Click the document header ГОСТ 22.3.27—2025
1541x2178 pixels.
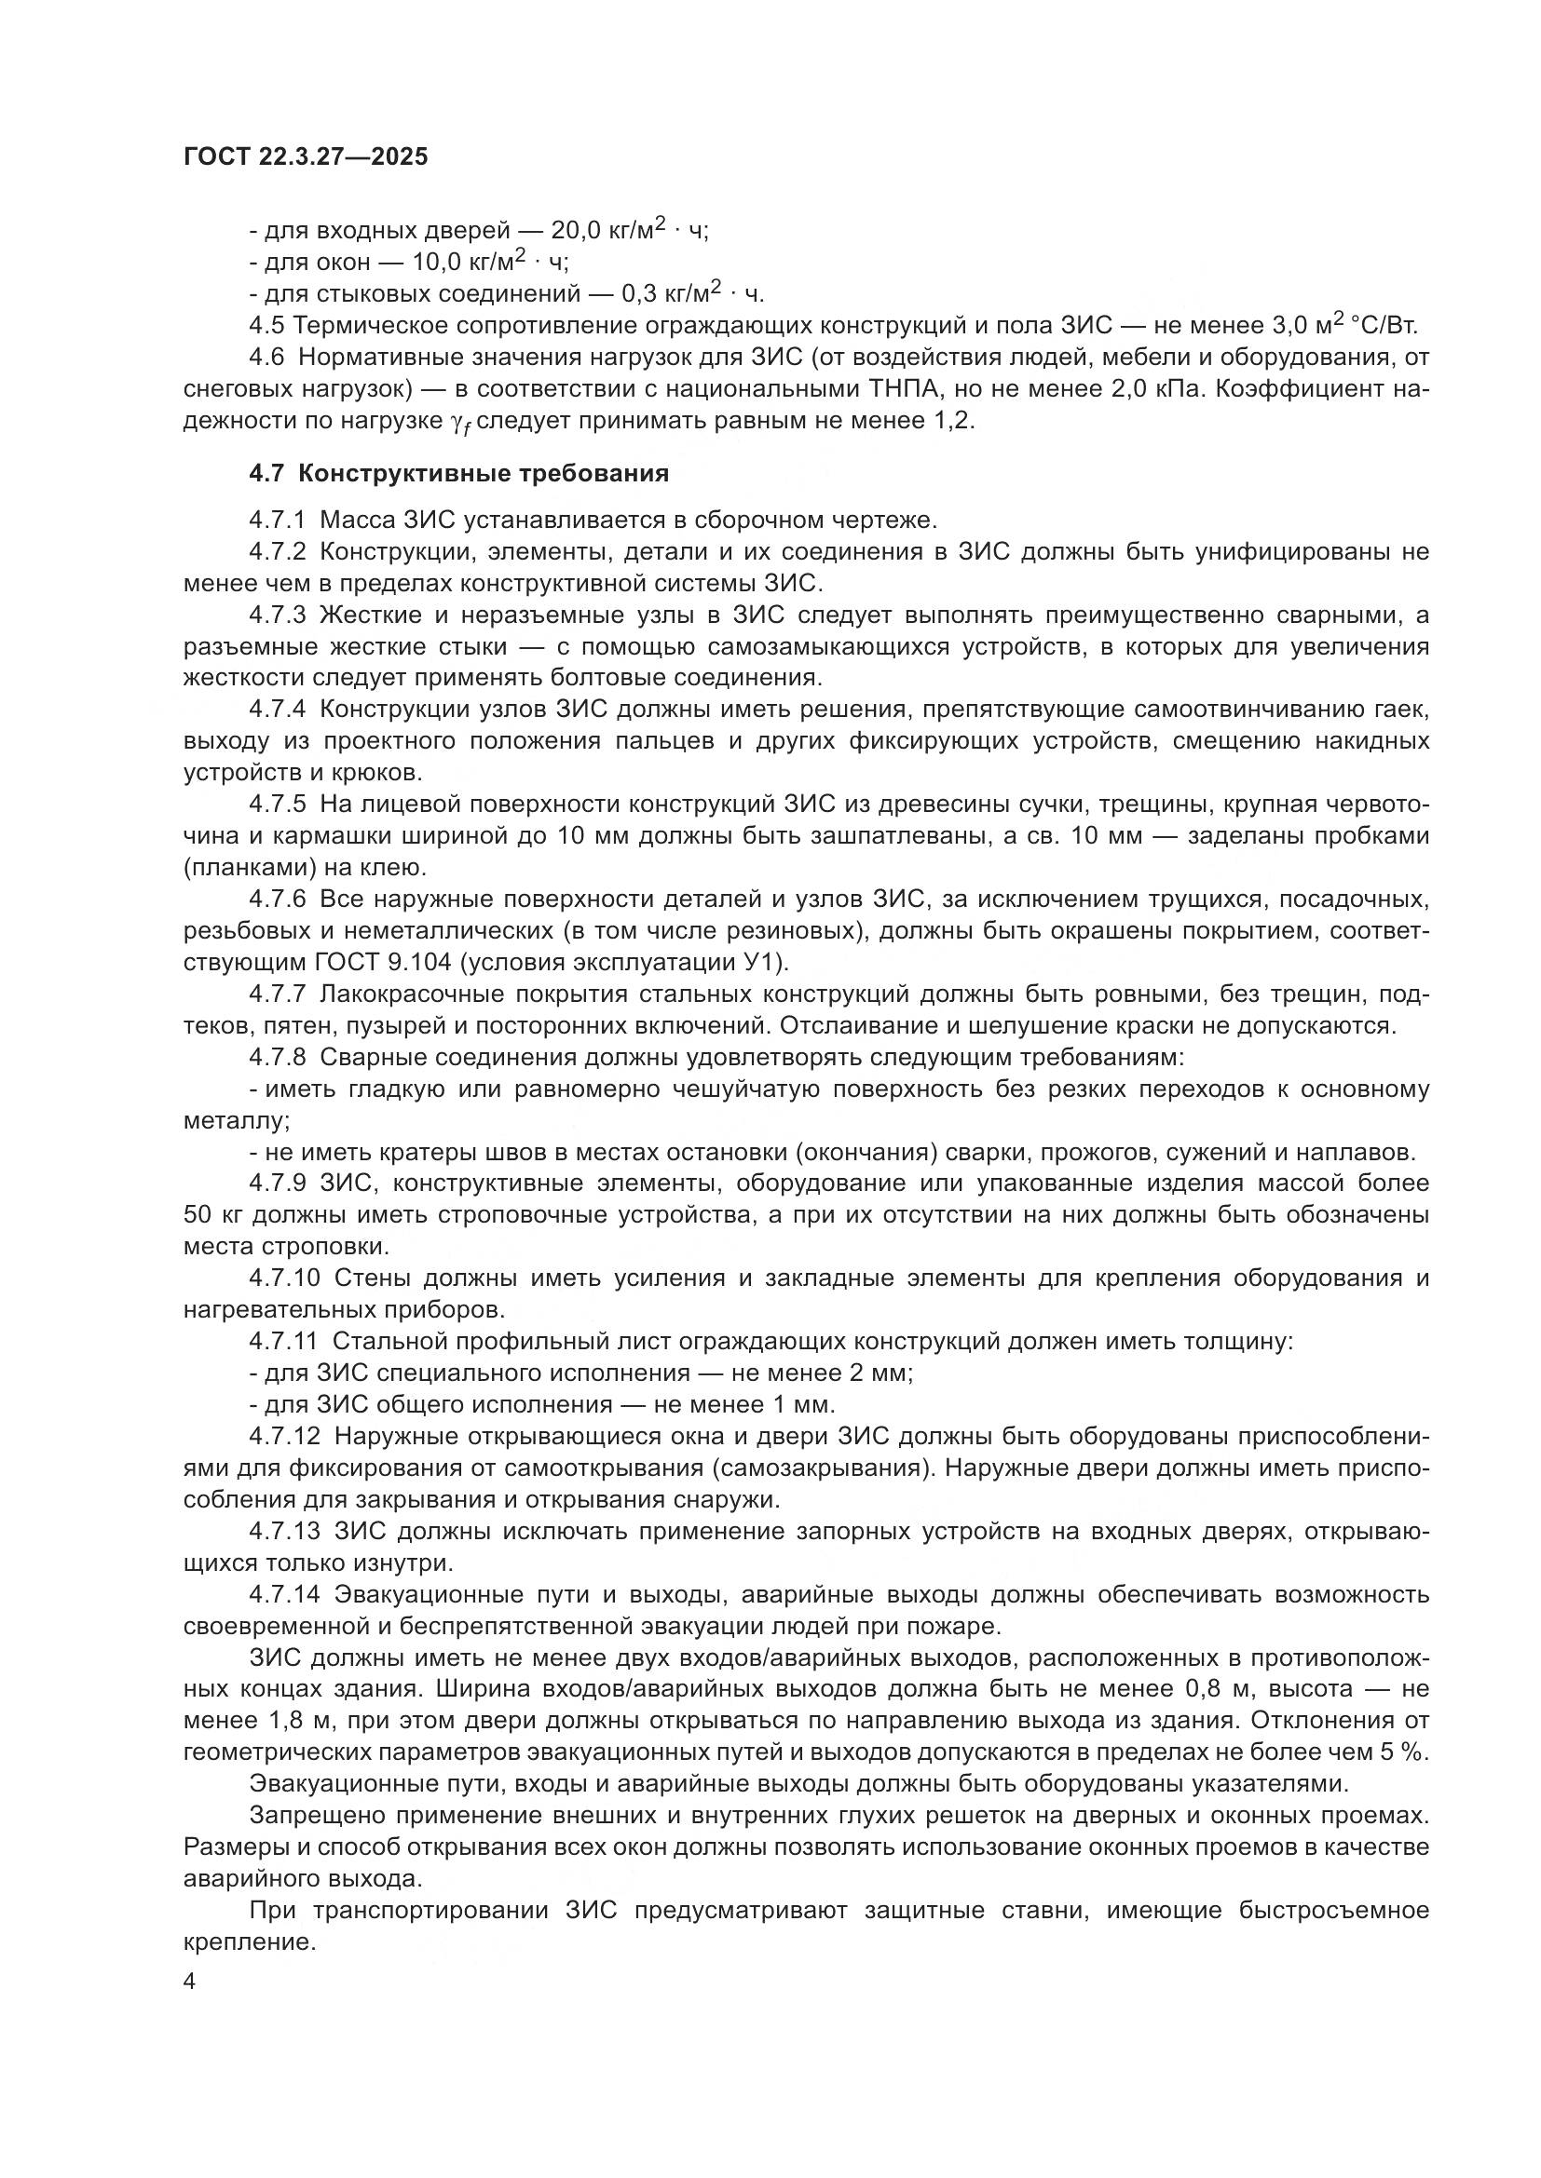[x=306, y=157]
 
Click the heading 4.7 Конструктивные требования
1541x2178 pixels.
[x=458, y=473]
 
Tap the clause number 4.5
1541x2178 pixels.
[x=266, y=325]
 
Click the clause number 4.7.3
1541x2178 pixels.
[x=277, y=616]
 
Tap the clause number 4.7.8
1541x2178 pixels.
[x=277, y=1058]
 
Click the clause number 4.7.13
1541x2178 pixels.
[x=284, y=1531]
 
